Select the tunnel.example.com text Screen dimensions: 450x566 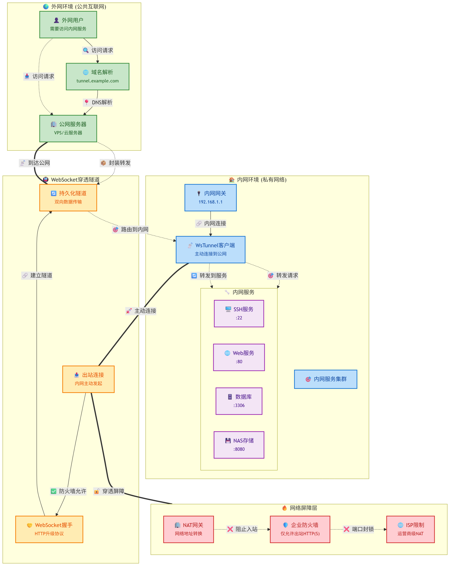pyautogui.click(x=98, y=81)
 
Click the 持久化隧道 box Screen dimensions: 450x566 pyautogui.click(x=68, y=197)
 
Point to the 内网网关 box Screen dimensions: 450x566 pyautogui.click(x=210, y=197)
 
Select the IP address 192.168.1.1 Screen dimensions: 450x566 pyautogui.click(x=210, y=202)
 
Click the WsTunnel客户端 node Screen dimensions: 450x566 pyautogui.click(x=210, y=249)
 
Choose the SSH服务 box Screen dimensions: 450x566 pyautogui.click(x=239, y=313)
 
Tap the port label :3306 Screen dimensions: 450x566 pyautogui.click(x=239, y=405)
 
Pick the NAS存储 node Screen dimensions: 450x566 pyautogui.click(x=239, y=445)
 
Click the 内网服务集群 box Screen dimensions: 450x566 pyautogui.click(x=326, y=379)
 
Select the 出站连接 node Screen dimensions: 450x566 pyautogui.click(x=88, y=379)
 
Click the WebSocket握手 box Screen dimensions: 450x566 pyautogui.click(x=49, y=529)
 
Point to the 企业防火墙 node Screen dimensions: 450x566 pyautogui.click(x=300, y=529)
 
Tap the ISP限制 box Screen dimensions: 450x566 pyautogui.click(x=410, y=529)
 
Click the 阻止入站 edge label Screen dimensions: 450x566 pyautogui.click(x=242, y=529)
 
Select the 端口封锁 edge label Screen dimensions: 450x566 pyautogui.click(x=358, y=529)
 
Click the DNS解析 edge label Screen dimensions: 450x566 pyautogui.click(x=98, y=102)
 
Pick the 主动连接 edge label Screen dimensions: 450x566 pyautogui.click(x=141, y=311)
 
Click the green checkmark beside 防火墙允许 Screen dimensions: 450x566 pyautogui.click(x=54, y=491)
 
